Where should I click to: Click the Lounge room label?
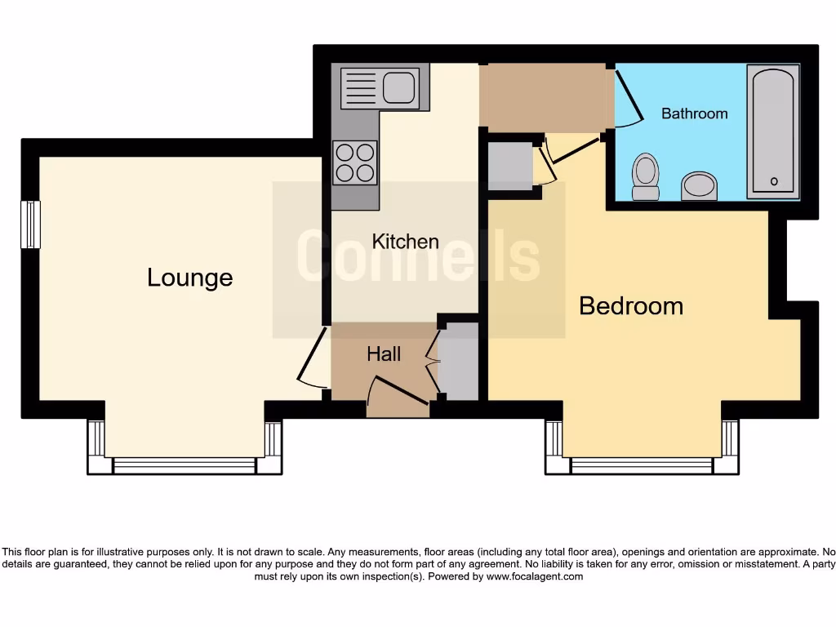pos(189,278)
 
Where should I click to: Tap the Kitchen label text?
pos(405,242)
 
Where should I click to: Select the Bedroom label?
pos(630,306)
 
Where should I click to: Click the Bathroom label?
pos(694,113)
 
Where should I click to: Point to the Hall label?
pos(384,354)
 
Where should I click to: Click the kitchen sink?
pos(380,87)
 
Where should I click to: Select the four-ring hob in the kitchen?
pos(355,162)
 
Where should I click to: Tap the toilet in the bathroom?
pos(646,177)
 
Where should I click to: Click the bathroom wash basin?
pos(699,185)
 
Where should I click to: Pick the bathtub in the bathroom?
pos(772,132)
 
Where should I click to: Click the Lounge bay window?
pos(185,465)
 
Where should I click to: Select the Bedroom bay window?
pos(642,465)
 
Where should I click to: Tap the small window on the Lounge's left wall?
pos(30,225)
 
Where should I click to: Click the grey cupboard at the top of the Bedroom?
pos(509,167)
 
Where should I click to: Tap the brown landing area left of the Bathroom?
pos(545,97)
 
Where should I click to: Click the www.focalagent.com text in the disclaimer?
pos(535,576)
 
